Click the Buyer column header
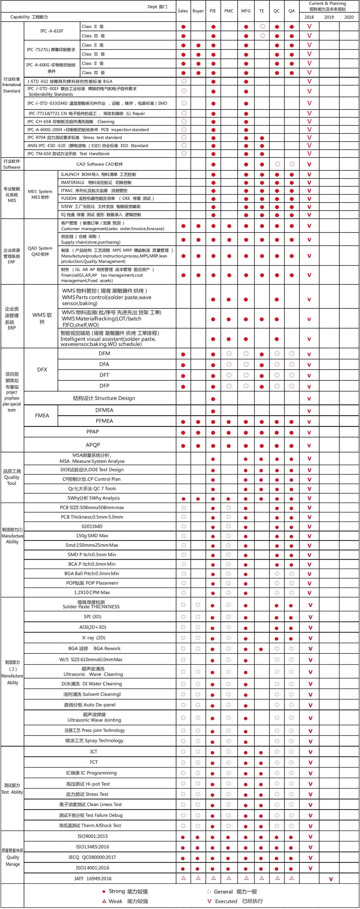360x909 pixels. point(198,11)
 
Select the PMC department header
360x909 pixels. point(229,11)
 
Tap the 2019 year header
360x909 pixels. point(329,17)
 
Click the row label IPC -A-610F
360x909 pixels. point(52,31)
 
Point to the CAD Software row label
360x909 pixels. point(100,164)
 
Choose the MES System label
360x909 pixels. point(40,194)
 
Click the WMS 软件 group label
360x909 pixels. point(42,318)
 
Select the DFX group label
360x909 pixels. point(42,370)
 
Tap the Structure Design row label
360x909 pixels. point(104,398)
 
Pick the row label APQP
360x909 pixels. point(93,445)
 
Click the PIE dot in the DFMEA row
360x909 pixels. point(213,411)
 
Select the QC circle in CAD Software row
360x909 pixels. point(277,164)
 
